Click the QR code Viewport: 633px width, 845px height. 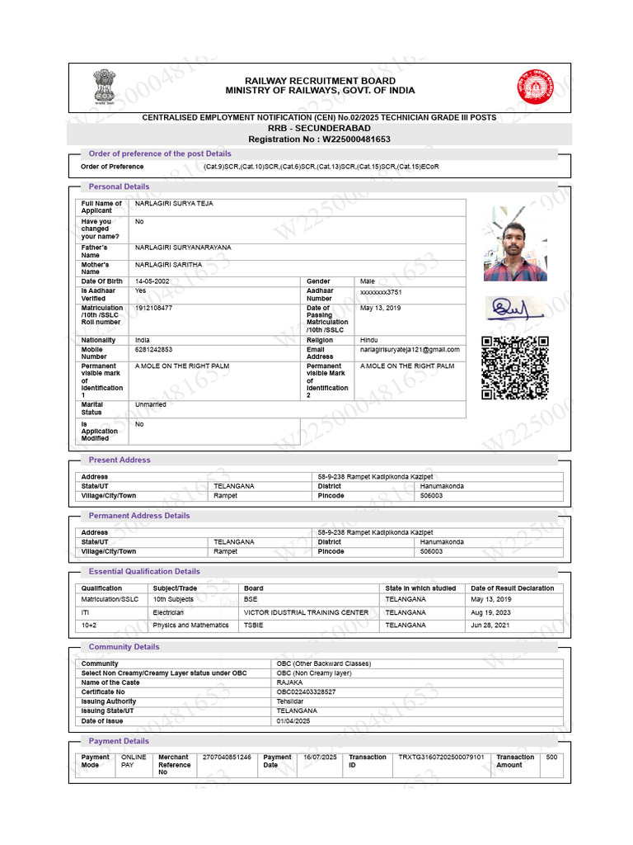[514, 368]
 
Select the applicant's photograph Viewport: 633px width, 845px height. [515, 243]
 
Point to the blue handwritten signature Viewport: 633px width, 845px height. [513, 309]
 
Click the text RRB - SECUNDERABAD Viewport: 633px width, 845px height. [319, 129]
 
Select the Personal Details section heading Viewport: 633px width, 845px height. [119, 186]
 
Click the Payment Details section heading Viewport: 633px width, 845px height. [119, 741]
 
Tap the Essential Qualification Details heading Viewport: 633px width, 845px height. [144, 571]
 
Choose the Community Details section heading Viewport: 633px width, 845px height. [124, 647]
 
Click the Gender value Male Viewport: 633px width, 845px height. [367, 281]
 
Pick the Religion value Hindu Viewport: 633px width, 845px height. [368, 340]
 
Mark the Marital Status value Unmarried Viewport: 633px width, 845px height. [150, 405]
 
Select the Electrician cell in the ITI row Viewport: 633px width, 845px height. [168, 613]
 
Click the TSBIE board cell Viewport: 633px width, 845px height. [253, 625]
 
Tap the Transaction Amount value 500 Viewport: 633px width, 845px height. [551, 757]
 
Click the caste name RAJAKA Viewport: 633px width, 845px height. [289, 682]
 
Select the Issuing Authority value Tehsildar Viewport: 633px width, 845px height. [292, 701]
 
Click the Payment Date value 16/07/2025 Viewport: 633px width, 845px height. [320, 757]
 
